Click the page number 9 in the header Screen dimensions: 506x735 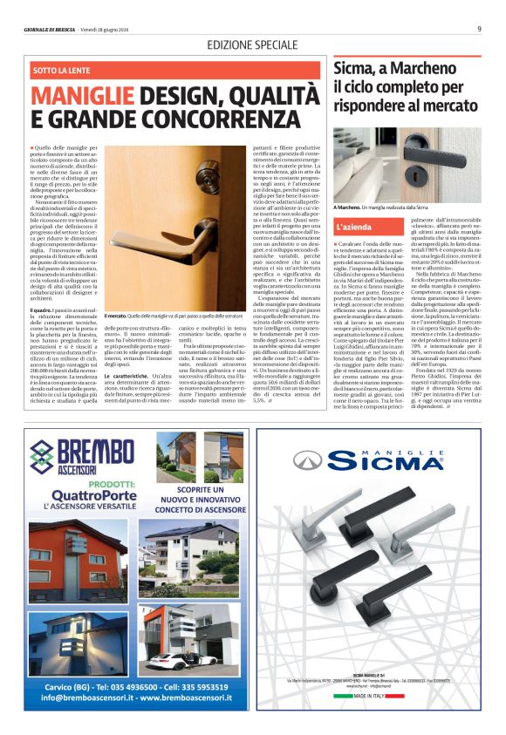(479, 28)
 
